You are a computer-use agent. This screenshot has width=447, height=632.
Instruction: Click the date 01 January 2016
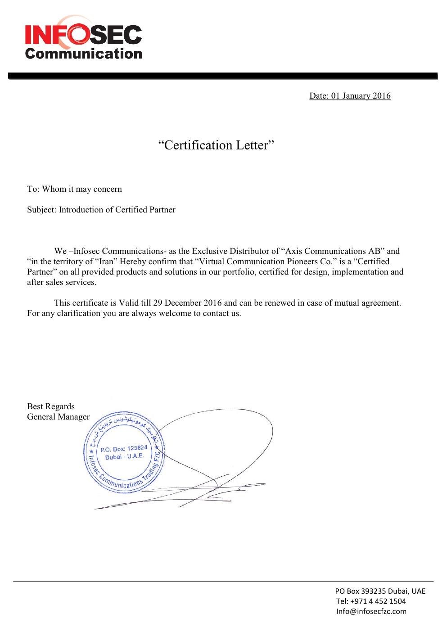tap(361, 96)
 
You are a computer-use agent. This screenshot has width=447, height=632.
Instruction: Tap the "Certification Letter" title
tap(216, 145)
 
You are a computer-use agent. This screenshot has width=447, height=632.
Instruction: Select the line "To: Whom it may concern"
tap(74, 189)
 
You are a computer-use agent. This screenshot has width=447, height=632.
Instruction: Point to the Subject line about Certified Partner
tap(101, 210)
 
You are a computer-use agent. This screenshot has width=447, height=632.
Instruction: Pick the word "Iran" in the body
tap(106, 262)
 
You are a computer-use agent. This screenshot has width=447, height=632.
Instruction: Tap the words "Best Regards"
tap(51, 406)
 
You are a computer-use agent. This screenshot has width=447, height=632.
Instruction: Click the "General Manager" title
tap(59, 417)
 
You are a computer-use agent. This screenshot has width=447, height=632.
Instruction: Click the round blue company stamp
tap(124, 452)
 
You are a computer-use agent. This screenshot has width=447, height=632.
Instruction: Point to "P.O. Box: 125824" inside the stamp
tap(124, 449)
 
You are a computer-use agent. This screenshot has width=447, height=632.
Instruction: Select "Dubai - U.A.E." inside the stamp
tap(125, 456)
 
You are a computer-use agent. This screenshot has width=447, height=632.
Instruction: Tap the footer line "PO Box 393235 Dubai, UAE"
tap(380, 591)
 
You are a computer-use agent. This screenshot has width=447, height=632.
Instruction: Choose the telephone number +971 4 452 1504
tap(378, 601)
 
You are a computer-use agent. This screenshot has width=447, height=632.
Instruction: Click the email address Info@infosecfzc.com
tap(371, 611)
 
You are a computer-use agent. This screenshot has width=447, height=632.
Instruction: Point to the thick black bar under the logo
tap(223, 76)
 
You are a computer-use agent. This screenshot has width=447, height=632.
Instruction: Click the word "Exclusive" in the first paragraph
tap(210, 251)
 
